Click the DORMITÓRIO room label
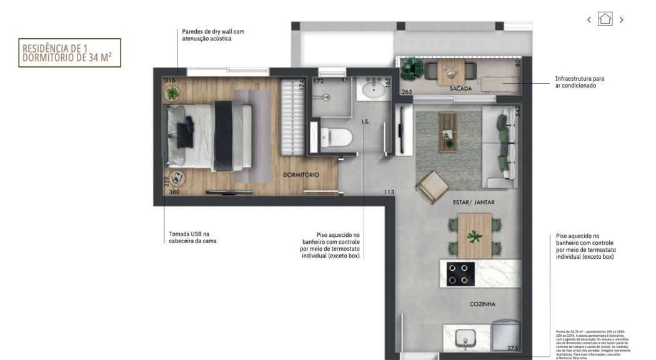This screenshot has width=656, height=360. click(301, 175)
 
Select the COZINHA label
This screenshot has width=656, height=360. click(482, 304)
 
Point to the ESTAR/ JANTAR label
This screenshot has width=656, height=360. click(474, 202)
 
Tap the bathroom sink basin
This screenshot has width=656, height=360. click(373, 89)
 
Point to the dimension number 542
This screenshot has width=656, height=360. click(517, 111)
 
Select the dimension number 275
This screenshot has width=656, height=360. click(513, 348)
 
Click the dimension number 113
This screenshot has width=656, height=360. click(389, 192)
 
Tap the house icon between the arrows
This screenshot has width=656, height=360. click(605, 19)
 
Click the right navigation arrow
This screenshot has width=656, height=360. click(621, 19)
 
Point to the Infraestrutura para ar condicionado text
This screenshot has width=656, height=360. click(580, 82)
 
